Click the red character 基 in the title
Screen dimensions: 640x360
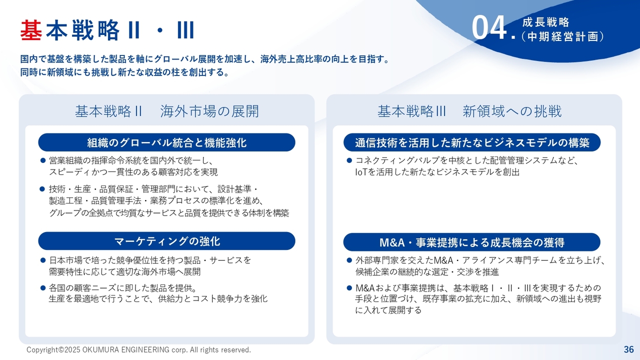point(31,29)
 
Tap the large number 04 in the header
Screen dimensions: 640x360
point(489,28)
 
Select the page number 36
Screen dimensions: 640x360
point(629,349)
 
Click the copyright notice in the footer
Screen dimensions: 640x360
point(138,349)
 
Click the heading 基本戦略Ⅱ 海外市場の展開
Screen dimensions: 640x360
point(167,111)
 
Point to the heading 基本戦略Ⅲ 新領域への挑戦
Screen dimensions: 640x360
point(469,111)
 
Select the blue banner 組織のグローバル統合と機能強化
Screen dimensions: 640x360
point(167,142)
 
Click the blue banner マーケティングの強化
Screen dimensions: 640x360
point(167,241)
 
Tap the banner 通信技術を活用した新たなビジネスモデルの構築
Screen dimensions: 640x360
point(472,142)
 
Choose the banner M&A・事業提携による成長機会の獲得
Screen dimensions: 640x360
point(472,242)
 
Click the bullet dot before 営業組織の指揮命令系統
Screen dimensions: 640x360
point(43,160)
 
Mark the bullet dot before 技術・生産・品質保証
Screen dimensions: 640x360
point(43,189)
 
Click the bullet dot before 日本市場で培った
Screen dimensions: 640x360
point(43,260)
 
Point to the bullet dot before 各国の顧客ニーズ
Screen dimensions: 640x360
point(43,287)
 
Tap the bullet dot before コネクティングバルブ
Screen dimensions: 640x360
point(349,160)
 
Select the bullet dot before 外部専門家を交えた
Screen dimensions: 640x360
point(349,260)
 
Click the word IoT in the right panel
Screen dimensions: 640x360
point(361,172)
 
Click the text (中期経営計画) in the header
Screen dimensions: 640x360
point(563,36)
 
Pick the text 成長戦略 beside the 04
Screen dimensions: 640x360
point(546,22)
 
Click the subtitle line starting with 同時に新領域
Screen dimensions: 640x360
point(124,72)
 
